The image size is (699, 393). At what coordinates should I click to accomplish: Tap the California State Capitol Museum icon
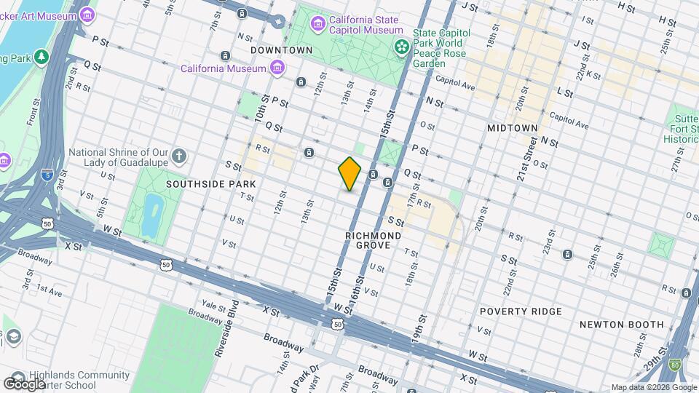tap(317, 25)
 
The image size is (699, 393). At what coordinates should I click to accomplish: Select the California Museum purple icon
tap(277, 68)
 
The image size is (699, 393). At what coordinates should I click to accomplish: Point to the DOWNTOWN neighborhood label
tap(281, 50)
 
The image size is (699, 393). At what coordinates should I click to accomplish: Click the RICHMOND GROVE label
tap(374, 241)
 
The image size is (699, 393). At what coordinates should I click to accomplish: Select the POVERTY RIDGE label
tap(521, 311)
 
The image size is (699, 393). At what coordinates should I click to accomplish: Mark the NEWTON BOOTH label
tap(621, 325)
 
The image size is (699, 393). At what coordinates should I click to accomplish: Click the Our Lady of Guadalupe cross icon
tap(180, 156)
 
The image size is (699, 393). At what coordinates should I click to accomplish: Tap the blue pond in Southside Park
tap(151, 214)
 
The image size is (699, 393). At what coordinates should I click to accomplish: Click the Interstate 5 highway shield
tap(47, 175)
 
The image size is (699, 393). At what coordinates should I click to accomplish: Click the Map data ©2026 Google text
tap(653, 387)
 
